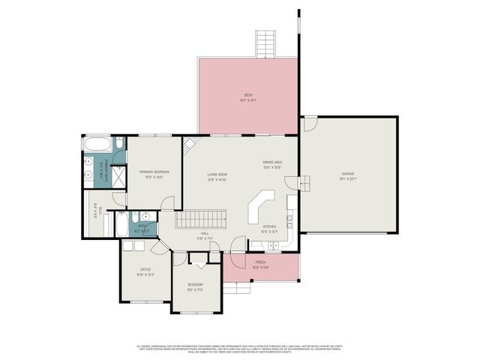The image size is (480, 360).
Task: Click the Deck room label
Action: [x=247, y=97]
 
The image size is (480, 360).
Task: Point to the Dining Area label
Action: [x=271, y=164]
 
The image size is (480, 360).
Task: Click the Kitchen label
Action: [x=269, y=228]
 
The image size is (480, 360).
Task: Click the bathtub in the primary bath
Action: [x=97, y=144]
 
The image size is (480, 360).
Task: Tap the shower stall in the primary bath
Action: [x=118, y=175]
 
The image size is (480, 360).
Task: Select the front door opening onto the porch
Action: [x=238, y=244]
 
